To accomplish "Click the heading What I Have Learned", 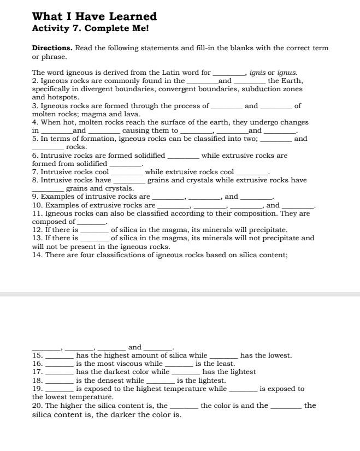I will (95, 16).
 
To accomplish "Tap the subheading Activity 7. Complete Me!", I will (90, 28).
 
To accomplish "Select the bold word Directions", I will (52, 48).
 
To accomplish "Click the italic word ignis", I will (257, 72).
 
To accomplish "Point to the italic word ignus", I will (287, 72).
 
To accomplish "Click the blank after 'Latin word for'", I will (229, 73).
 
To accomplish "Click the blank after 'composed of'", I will (91, 222).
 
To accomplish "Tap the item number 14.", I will (37, 254).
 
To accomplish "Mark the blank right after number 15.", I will (59, 356).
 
